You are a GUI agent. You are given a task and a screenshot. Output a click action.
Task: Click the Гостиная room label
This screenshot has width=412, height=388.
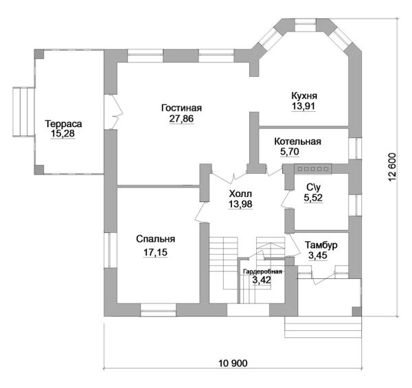tap(181, 108)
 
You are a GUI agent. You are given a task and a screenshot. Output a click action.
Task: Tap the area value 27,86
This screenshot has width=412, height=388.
tap(181, 119)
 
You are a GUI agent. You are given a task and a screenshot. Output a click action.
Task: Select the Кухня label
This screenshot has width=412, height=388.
tap(304, 95)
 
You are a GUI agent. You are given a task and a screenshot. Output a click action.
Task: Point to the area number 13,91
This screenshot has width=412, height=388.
tap(304, 106)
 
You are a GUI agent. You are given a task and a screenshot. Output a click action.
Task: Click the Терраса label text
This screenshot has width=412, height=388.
tap(63, 124)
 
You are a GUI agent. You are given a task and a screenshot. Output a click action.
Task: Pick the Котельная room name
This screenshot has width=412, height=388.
tap(298, 141)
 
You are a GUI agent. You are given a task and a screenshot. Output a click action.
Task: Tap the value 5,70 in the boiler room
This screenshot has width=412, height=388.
tap(290, 152)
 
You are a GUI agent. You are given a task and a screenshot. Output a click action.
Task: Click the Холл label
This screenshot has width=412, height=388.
tap(240, 194)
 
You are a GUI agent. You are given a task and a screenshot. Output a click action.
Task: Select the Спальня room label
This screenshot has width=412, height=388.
tap(156, 239)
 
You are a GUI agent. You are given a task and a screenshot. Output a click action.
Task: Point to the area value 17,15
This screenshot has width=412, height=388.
tap(155, 253)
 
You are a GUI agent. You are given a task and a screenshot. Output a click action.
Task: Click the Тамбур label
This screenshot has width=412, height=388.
tap(321, 245)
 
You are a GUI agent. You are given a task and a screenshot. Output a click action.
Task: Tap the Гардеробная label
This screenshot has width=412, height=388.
tap(262, 272)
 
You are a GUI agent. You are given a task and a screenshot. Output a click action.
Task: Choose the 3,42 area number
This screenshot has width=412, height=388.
tap(262, 280)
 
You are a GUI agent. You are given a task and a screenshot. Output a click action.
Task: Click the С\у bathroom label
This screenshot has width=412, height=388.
tap(314, 187)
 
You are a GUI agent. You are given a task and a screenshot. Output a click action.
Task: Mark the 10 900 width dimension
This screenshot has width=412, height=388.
tap(233, 363)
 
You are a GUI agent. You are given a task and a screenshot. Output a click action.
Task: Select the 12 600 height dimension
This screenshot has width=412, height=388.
tap(391, 167)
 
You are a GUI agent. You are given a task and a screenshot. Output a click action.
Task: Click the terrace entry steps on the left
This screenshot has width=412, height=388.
tap(23, 112)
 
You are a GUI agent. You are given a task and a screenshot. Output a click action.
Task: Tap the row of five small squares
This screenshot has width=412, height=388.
tap(313, 169)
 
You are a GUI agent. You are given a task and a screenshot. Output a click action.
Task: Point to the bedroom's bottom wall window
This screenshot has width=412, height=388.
tap(159, 310)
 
